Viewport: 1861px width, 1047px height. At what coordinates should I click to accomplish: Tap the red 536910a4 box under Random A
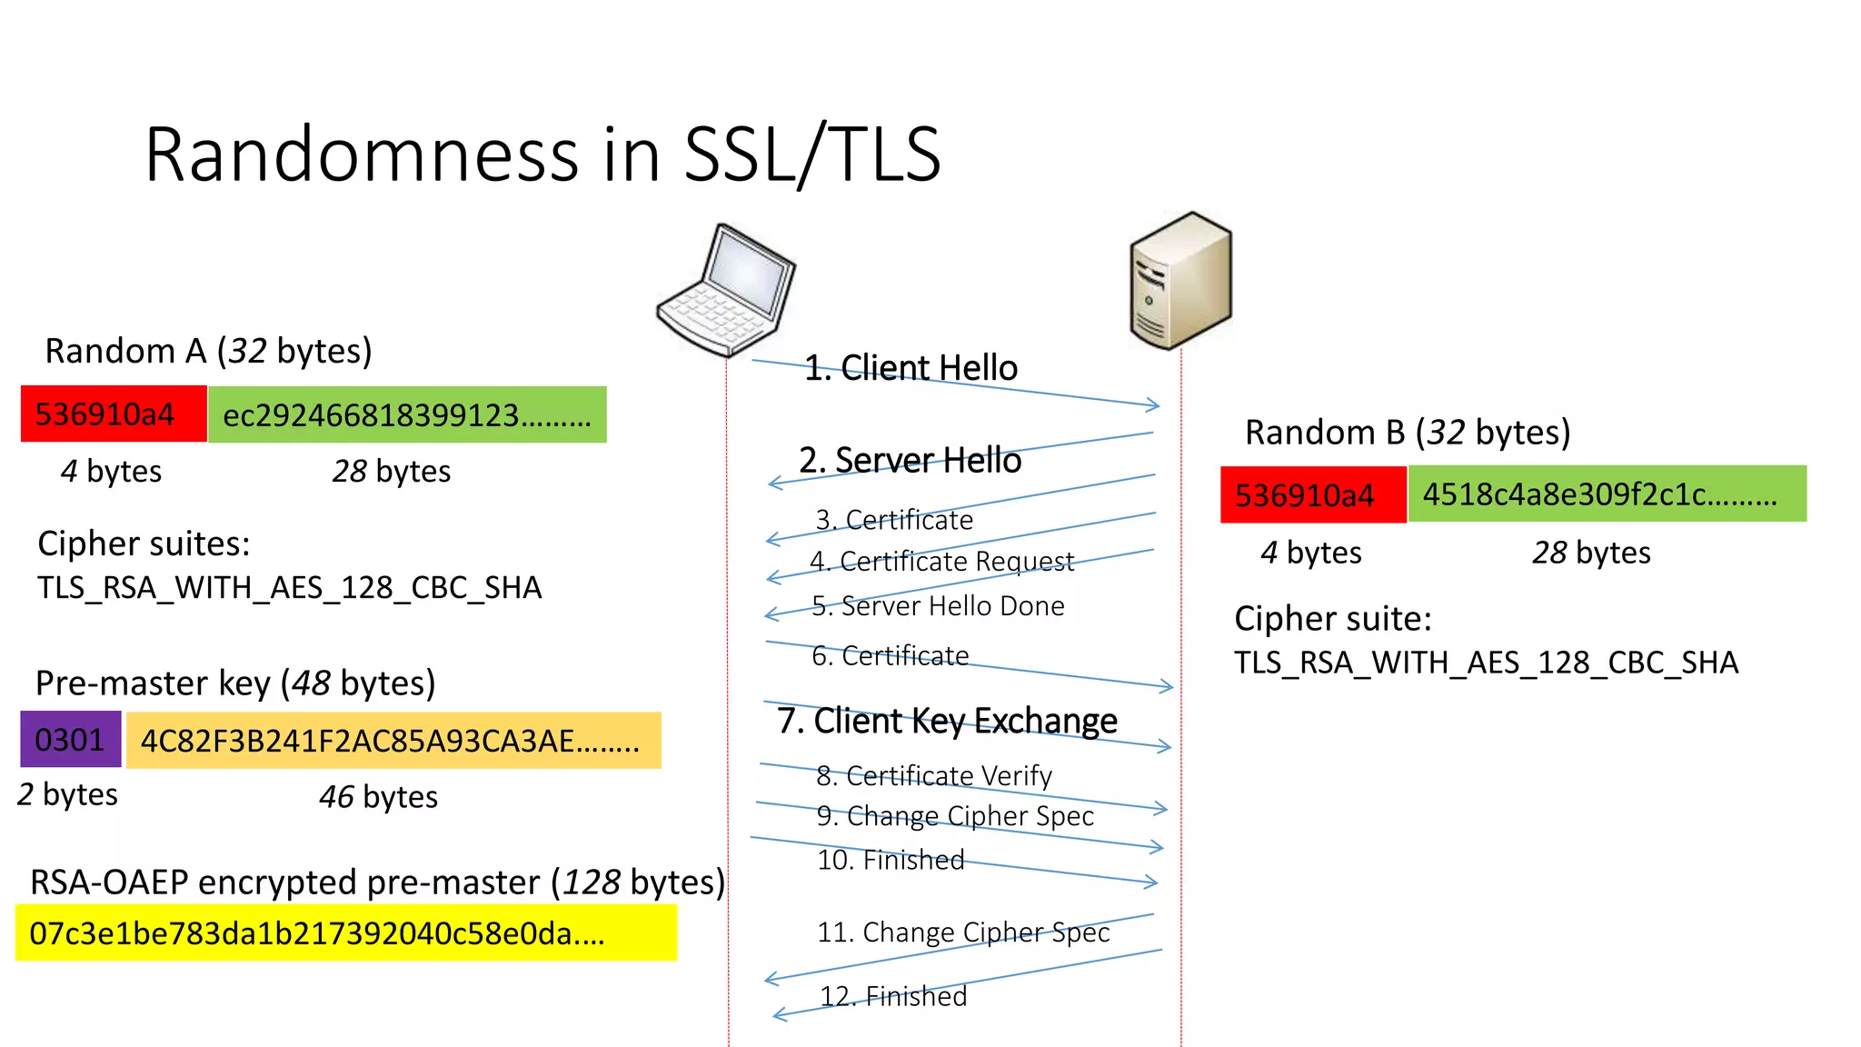(114, 414)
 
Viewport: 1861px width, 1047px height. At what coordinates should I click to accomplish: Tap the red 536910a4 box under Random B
(1313, 495)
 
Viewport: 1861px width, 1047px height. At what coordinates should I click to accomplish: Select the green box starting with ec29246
(407, 415)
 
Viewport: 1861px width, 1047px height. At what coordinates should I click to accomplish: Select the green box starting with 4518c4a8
(1607, 494)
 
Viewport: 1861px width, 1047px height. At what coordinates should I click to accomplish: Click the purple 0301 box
(70, 740)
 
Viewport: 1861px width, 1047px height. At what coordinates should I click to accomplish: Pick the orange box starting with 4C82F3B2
(393, 741)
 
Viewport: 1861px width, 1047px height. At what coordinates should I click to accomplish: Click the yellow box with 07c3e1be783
(345, 933)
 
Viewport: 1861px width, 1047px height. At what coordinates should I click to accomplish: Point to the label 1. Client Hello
(911, 368)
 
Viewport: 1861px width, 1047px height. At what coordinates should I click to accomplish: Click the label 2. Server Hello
(910, 461)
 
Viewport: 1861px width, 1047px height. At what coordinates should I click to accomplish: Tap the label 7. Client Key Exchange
(947, 721)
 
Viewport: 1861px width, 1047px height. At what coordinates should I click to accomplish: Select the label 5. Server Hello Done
(938, 606)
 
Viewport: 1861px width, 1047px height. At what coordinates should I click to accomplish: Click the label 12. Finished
(893, 997)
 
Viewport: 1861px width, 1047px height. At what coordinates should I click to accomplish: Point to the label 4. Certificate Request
(941, 562)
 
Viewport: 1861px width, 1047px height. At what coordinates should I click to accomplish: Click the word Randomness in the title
(361, 155)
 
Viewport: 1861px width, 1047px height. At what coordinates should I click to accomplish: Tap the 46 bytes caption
(378, 797)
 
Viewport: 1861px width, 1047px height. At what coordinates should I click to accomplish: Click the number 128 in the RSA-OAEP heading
(592, 882)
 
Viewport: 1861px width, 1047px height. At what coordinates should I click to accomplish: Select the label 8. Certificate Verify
(934, 776)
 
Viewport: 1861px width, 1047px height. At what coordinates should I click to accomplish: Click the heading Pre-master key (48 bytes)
(235, 683)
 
